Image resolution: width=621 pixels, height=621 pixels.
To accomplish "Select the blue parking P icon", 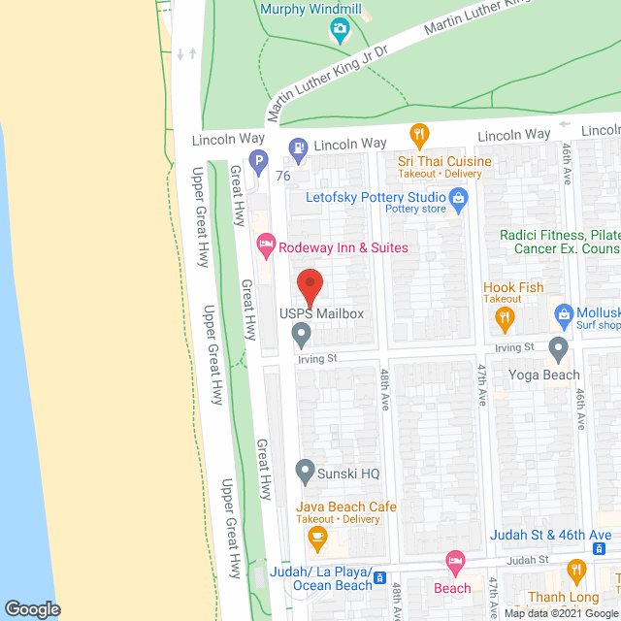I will (258, 162).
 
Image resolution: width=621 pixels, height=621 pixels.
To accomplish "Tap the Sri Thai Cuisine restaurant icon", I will (419, 135).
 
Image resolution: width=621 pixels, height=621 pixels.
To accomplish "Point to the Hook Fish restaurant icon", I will (503, 317).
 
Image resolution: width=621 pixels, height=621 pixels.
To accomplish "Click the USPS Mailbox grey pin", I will (301, 336).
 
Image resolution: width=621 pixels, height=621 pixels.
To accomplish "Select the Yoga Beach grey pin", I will (558, 348).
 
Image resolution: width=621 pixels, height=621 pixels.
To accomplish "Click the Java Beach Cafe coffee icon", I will (316, 537).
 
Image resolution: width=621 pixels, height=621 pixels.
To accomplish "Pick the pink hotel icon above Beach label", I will (452, 562).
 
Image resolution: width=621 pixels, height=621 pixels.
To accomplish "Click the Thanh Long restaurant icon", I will (577, 572).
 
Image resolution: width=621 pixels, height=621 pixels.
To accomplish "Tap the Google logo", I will (31, 608).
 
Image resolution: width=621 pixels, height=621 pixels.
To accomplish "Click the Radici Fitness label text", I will (560, 236).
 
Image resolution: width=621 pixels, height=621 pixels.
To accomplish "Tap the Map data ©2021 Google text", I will (559, 613).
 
